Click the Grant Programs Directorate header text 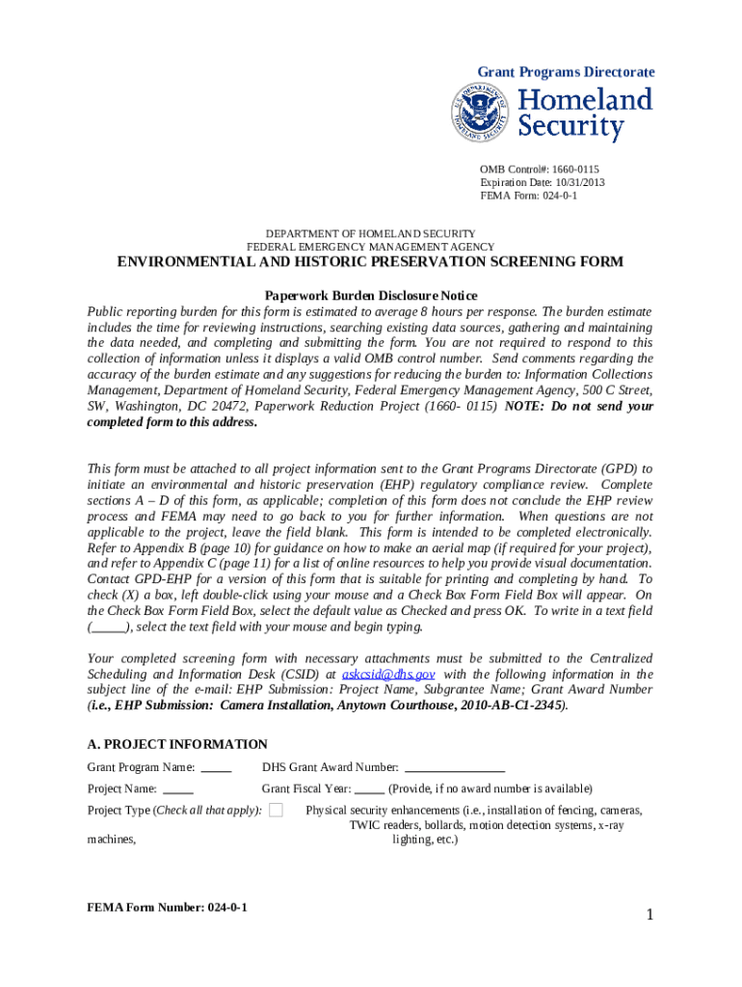click(x=567, y=72)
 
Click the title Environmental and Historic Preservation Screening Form click(x=370, y=262)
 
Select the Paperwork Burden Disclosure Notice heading click(x=370, y=296)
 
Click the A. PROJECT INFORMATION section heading click(x=177, y=744)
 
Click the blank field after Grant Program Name click(x=216, y=768)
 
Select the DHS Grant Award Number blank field click(x=454, y=768)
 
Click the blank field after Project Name click(x=178, y=789)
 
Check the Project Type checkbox click(x=276, y=811)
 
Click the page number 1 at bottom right click(x=650, y=915)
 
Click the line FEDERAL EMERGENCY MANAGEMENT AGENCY click(x=370, y=247)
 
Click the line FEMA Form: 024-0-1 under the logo click(x=528, y=196)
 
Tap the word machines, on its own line click(x=112, y=840)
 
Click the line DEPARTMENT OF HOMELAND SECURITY click(x=370, y=234)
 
